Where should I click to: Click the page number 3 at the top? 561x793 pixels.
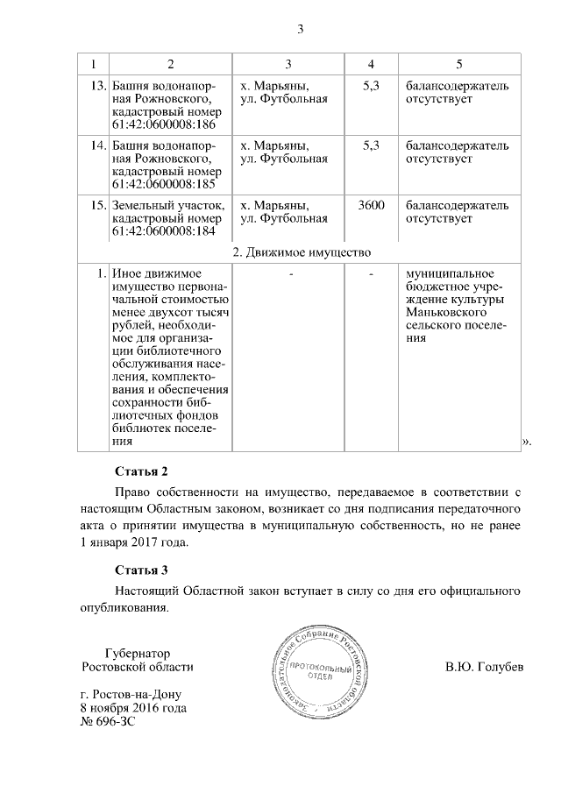(300, 30)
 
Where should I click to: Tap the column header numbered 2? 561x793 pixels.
(170, 64)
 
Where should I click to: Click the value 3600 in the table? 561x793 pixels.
(372, 205)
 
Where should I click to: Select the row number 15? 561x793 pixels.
(98, 205)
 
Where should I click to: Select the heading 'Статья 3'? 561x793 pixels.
(140, 570)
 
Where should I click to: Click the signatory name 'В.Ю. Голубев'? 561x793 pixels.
(484, 667)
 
